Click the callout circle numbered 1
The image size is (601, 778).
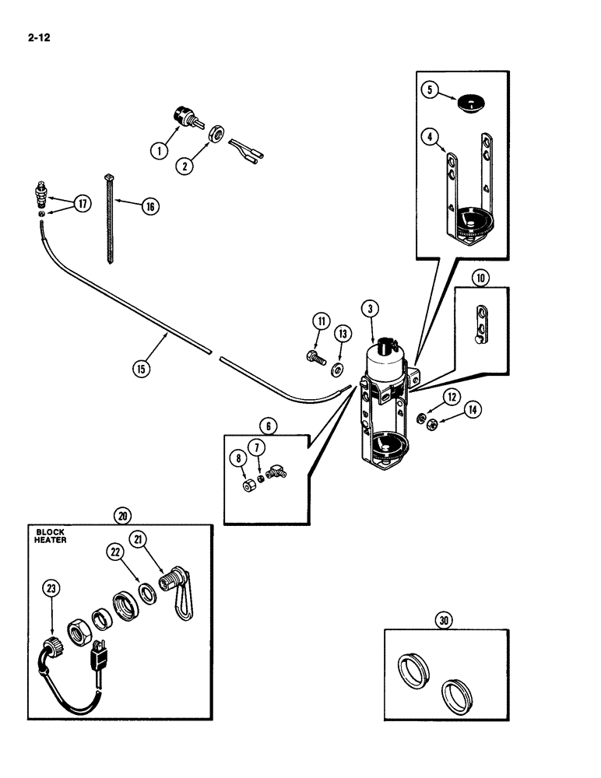(158, 151)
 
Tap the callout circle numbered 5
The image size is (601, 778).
(428, 89)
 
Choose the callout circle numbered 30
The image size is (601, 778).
(444, 621)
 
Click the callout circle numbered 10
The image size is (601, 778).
(480, 278)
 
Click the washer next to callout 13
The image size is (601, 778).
(339, 367)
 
